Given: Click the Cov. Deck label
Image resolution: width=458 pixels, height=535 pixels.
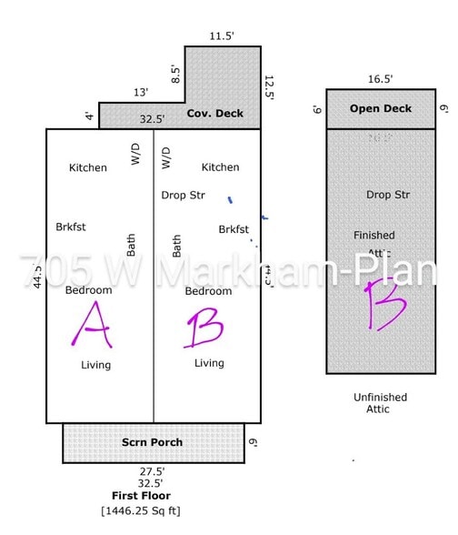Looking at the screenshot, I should coord(215,114).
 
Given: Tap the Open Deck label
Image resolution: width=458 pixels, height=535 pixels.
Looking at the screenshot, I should coord(381,109).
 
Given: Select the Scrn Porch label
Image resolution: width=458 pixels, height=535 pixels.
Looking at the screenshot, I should coord(153,442).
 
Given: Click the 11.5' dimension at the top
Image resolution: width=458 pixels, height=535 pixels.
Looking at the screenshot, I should coord(222,36).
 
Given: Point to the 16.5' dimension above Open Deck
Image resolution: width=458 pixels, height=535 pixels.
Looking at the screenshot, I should coord(380,80).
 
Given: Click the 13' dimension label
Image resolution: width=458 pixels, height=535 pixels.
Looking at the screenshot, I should coord(141,92).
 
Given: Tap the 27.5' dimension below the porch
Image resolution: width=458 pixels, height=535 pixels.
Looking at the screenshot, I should coord(153,471).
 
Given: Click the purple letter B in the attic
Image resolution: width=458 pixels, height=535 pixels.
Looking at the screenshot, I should coord(382,305).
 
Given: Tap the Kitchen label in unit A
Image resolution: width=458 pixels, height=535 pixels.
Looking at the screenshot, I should coord(88,167).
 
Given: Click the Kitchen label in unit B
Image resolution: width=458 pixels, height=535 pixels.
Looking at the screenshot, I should coord(220,167).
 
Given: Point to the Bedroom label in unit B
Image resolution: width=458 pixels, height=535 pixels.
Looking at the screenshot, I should coord(208,291).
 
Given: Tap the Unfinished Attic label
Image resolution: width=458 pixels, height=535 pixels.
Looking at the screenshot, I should coord(380,403).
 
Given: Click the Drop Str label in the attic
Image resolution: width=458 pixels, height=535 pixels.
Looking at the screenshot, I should coord(388,195).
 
